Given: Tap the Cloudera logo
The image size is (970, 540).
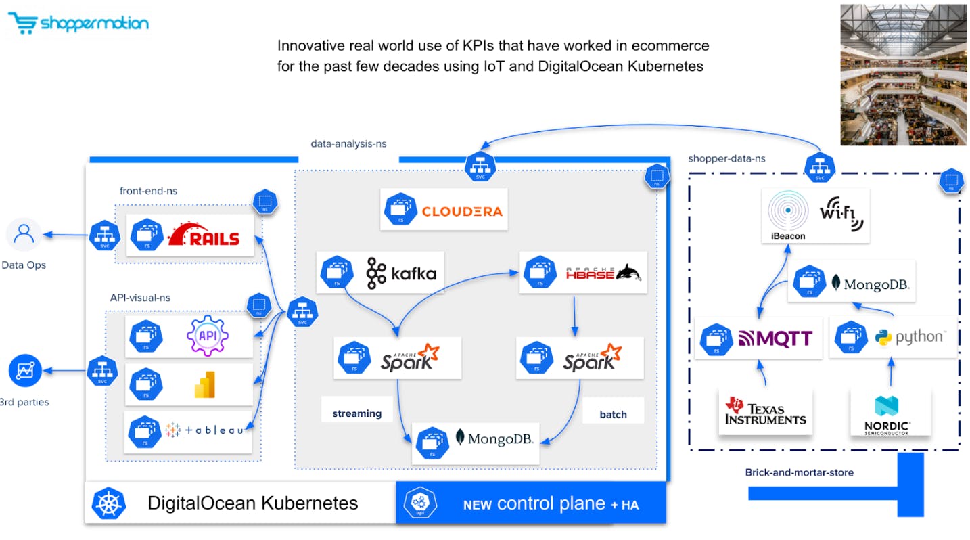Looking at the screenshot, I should tap(462, 211).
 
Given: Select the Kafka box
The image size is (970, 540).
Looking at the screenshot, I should tap(380, 273).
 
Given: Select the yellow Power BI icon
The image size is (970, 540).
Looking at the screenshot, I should tap(204, 384).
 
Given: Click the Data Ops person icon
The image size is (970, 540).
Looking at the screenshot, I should tap(24, 235).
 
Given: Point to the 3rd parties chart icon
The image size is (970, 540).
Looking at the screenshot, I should tap(25, 371).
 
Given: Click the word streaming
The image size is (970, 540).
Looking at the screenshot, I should tap(357, 413).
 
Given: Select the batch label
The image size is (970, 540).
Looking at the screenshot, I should tap(613, 414).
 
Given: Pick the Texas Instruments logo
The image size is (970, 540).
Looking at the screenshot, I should tap(766, 411).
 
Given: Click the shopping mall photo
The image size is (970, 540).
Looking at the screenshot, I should tap(903, 74).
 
